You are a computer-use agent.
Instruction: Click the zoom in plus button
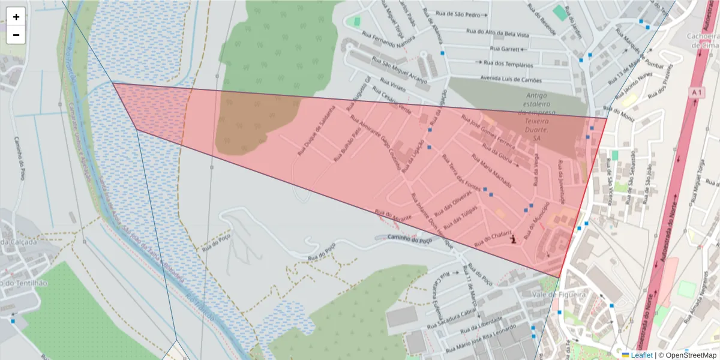point(16,17)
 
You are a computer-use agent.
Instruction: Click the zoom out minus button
point(16,35)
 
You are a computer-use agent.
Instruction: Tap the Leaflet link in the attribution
point(640,355)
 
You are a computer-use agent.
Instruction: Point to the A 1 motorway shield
point(696,93)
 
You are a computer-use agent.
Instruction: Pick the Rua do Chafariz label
point(493,239)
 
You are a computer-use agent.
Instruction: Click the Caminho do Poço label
point(410,239)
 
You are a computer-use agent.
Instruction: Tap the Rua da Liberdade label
point(482,325)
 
